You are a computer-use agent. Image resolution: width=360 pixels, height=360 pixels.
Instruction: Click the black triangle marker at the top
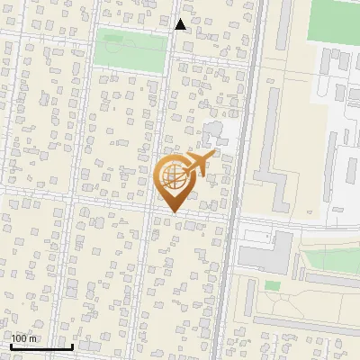click(x=180, y=24)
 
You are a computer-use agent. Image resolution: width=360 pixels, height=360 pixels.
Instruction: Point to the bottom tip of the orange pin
click(x=173, y=211)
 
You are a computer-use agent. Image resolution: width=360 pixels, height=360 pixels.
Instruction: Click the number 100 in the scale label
click(x=19, y=338)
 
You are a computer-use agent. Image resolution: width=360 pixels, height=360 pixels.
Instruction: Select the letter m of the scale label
click(x=33, y=338)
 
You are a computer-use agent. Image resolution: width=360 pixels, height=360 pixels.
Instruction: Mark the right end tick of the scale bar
click(x=72, y=346)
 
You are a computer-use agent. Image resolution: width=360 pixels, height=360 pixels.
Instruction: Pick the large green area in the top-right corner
click(x=334, y=20)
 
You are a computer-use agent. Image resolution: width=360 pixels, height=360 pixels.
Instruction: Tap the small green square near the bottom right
click(x=272, y=285)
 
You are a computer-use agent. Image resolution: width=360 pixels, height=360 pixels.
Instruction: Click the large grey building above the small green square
click(x=265, y=251)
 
